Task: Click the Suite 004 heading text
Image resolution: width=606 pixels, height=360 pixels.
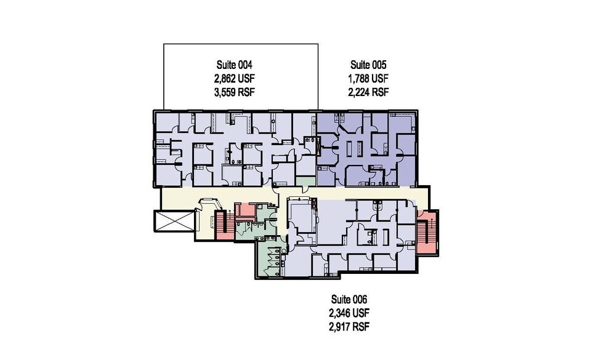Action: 234,65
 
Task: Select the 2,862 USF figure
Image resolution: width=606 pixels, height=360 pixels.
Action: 234,79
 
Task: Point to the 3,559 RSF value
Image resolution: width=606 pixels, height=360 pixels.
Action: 234,93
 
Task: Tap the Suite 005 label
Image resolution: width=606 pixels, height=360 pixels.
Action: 368,65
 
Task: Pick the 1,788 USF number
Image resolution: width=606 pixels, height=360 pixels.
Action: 368,79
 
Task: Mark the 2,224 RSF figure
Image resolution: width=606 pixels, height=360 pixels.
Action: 368,93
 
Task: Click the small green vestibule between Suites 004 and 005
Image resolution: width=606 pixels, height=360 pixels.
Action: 304,183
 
